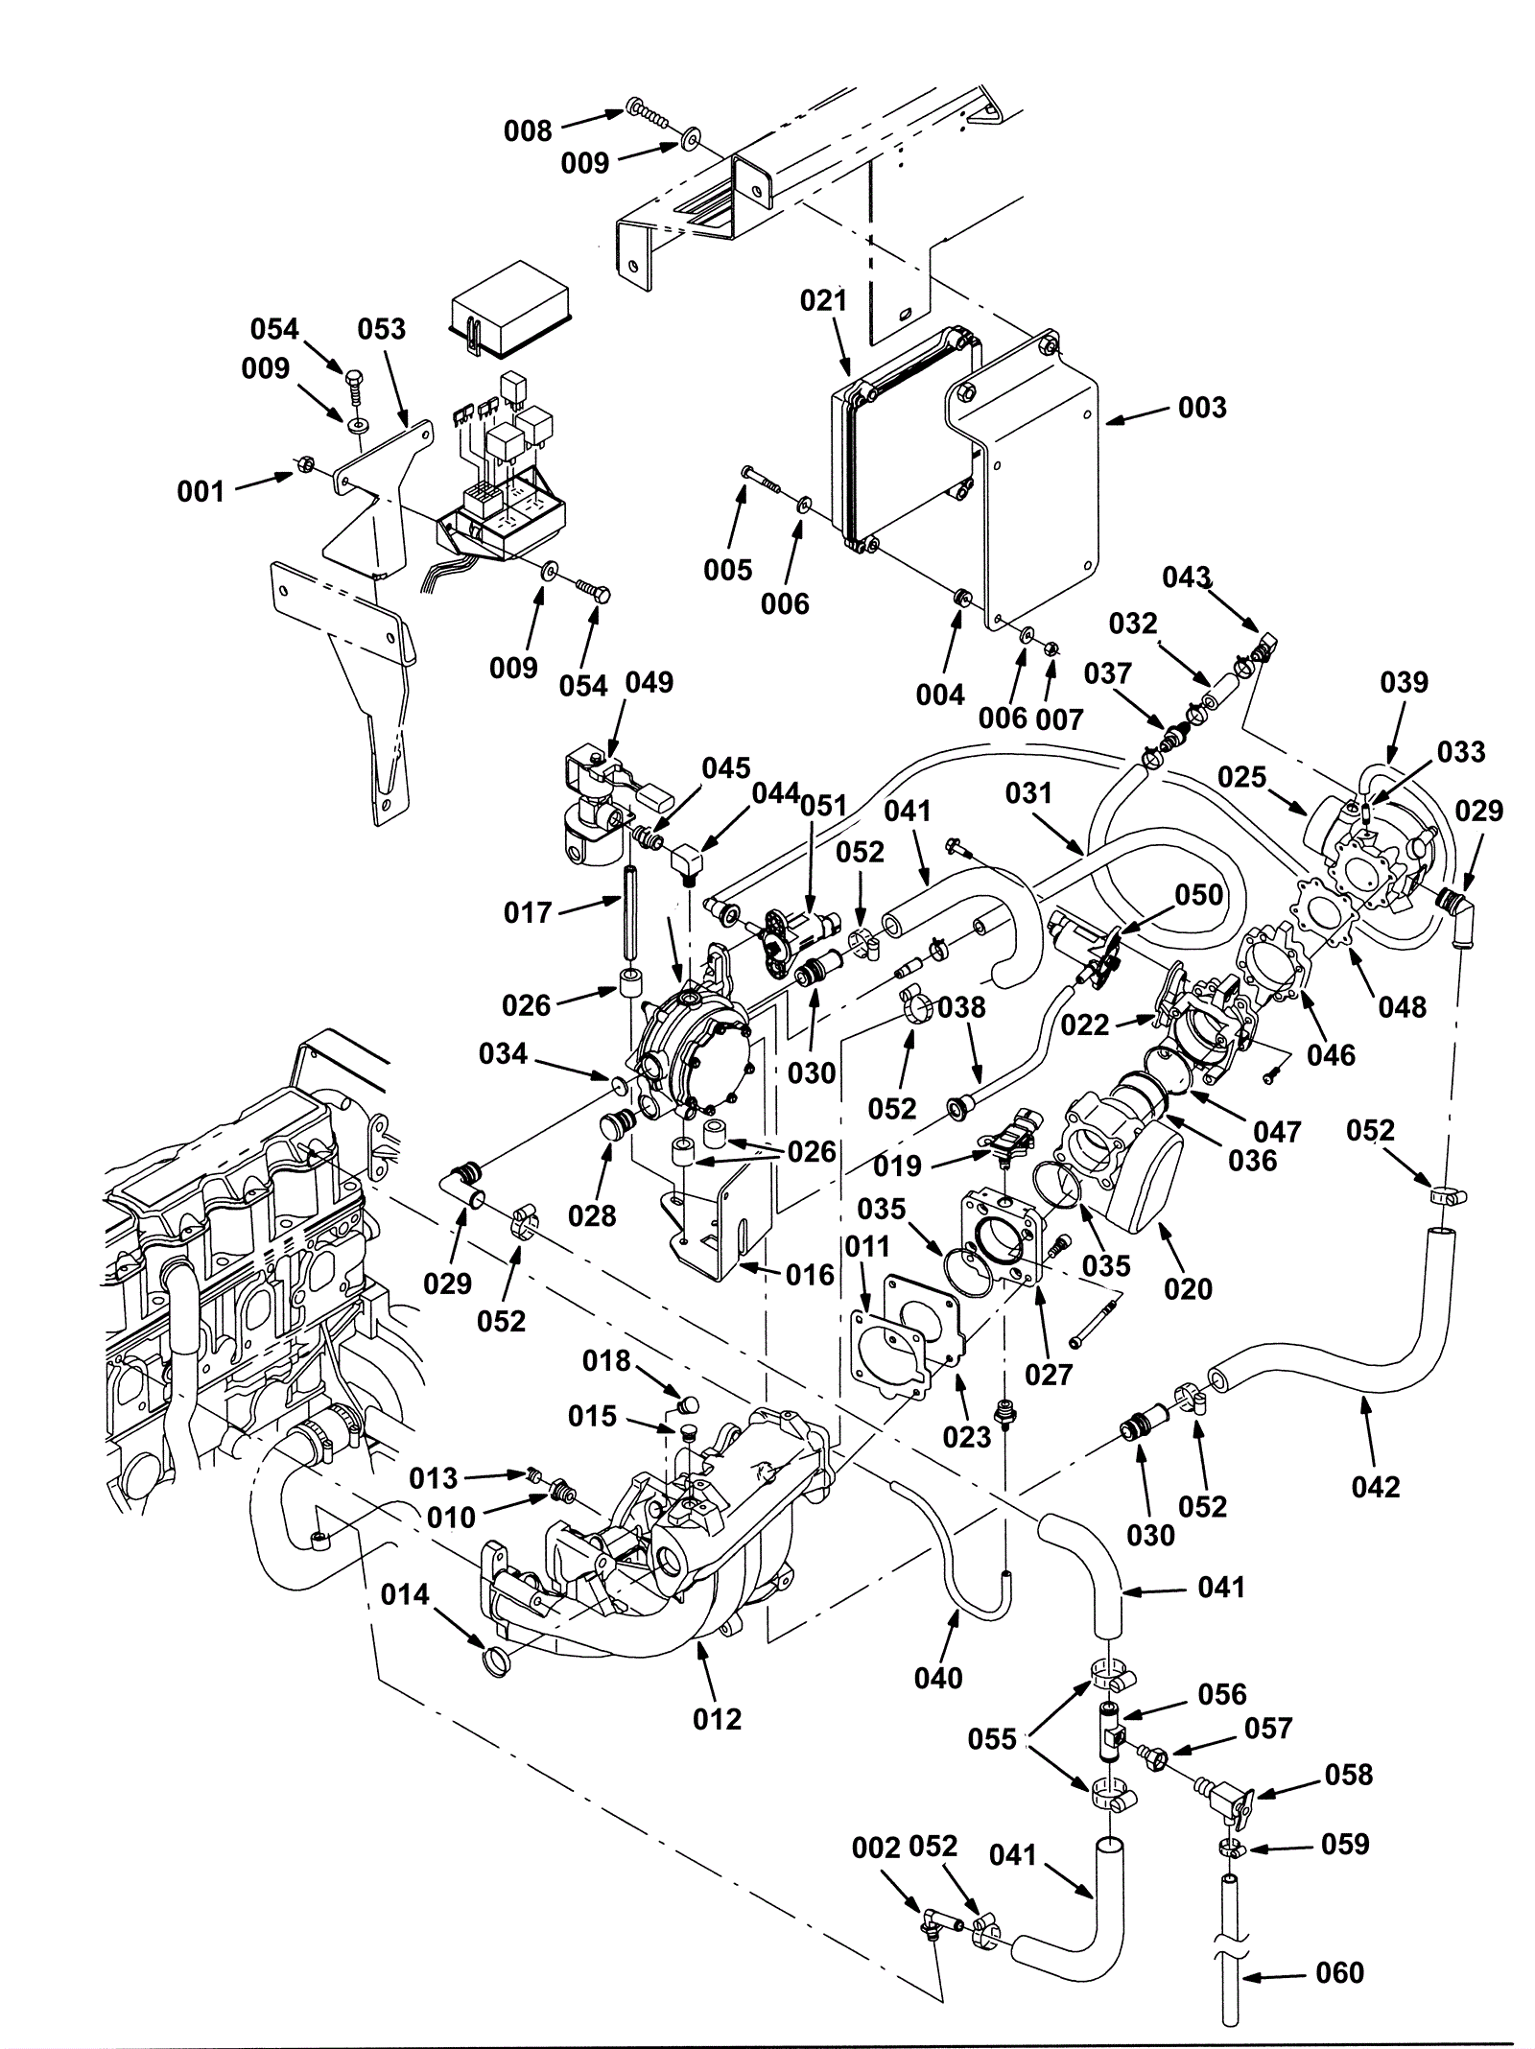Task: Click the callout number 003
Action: [x=1202, y=408]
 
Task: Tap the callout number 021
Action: [x=824, y=301]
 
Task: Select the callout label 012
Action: [x=718, y=1719]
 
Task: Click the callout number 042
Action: [x=1376, y=1487]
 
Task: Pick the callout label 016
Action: [x=811, y=1275]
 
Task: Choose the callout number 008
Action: [x=529, y=130]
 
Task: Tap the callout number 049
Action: [x=649, y=683]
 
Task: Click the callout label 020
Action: [x=1189, y=1289]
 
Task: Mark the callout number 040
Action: [x=938, y=1678]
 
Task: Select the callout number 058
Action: [x=1349, y=1775]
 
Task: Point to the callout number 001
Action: [x=201, y=492]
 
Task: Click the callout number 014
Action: [x=405, y=1594]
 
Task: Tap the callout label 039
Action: [x=1405, y=683]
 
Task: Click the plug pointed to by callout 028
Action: [x=617, y=1123]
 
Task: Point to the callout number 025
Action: [x=1242, y=777]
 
